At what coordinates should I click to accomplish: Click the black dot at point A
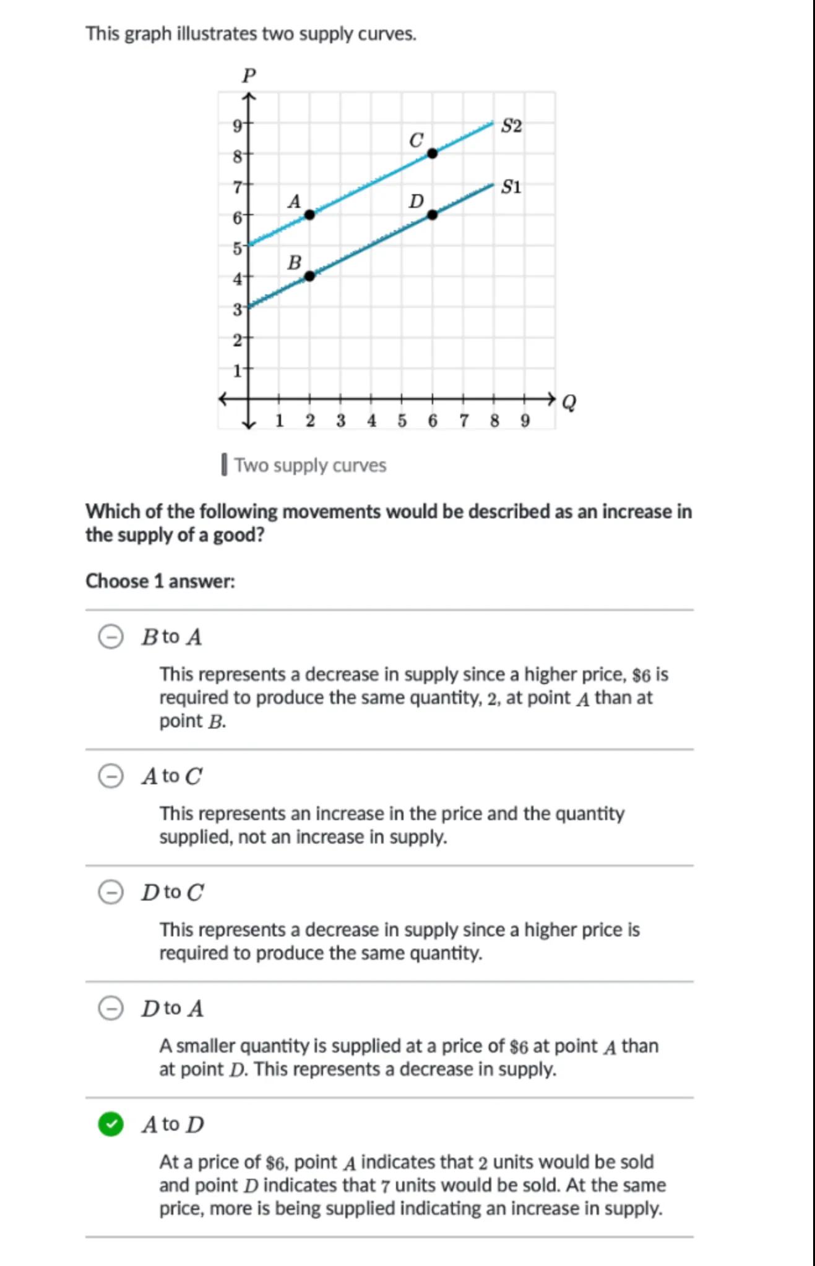[x=309, y=215]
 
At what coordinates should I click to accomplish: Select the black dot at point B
[x=309, y=276]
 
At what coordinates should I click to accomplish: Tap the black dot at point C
[x=433, y=153]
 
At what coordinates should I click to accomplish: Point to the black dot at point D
[x=433, y=215]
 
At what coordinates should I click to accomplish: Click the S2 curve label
[x=511, y=126]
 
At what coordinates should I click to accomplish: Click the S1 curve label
[x=511, y=187]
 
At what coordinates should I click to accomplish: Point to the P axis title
[x=249, y=76]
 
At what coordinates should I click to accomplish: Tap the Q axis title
[x=569, y=403]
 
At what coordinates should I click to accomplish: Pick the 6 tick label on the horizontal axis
[x=433, y=421]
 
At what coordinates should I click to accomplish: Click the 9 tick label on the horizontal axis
[x=525, y=421]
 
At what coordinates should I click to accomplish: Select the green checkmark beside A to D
[x=111, y=1124]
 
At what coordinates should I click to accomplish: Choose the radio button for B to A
[x=111, y=636]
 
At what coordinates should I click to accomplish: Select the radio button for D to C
[x=111, y=892]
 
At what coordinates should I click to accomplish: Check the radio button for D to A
[x=111, y=1008]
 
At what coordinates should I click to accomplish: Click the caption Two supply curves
[x=310, y=465]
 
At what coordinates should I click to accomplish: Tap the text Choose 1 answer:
[x=160, y=581]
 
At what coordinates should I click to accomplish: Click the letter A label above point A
[x=294, y=202]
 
